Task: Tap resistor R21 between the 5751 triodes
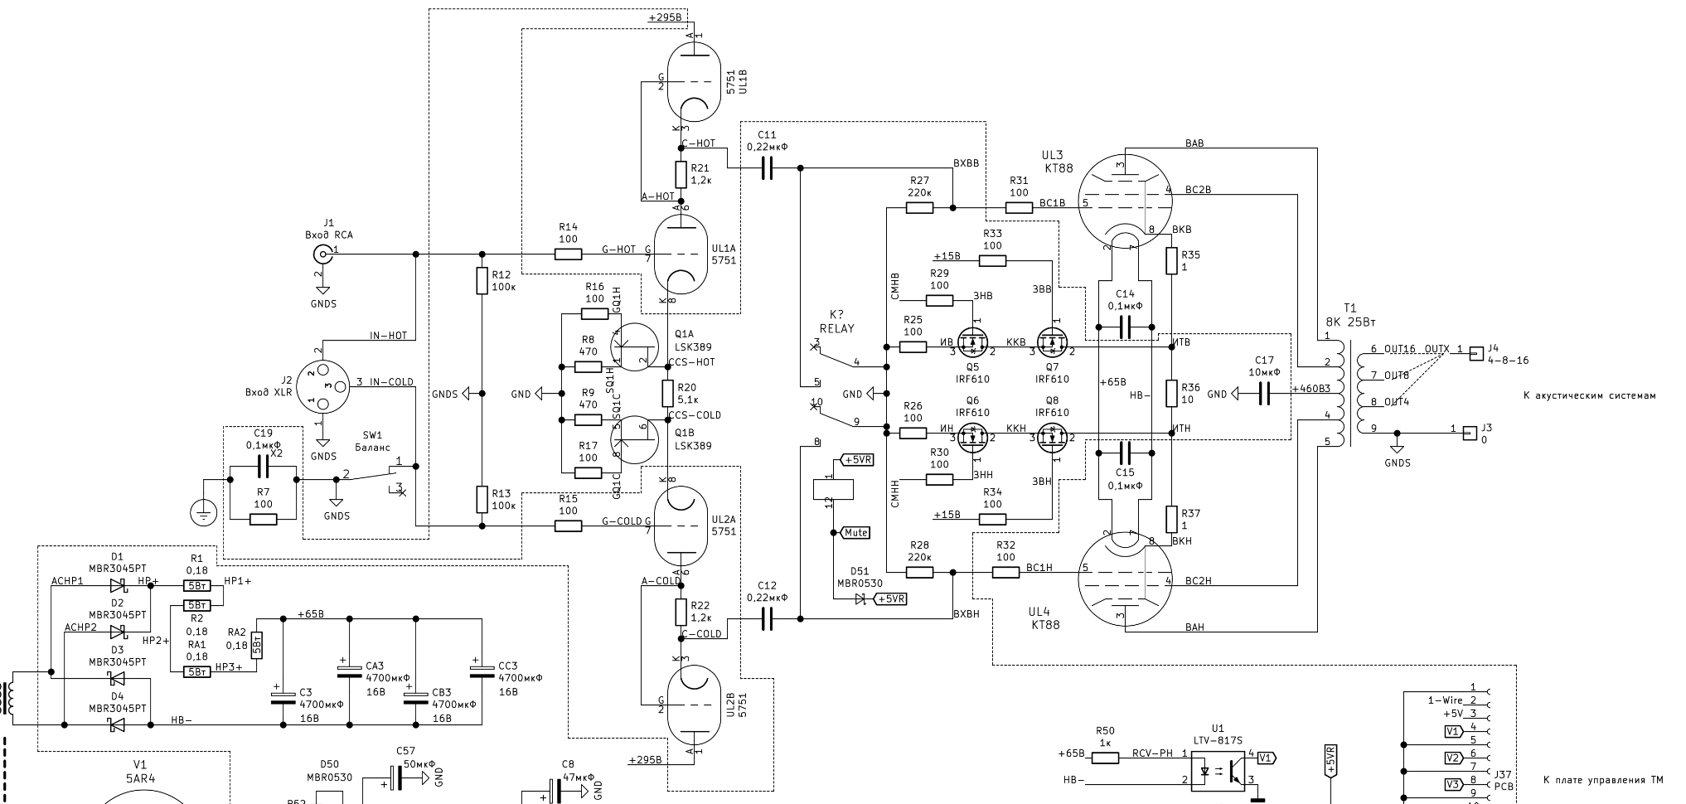[681, 175]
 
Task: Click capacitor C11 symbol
[767, 168]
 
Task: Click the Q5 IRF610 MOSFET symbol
[971, 341]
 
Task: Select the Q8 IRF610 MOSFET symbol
[1052, 438]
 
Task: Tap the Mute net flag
[855, 533]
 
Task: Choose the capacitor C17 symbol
[1264, 395]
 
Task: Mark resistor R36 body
[1170, 393]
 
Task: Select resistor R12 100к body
[482, 281]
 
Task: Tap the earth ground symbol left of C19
[202, 511]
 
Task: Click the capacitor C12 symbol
[767, 618]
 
